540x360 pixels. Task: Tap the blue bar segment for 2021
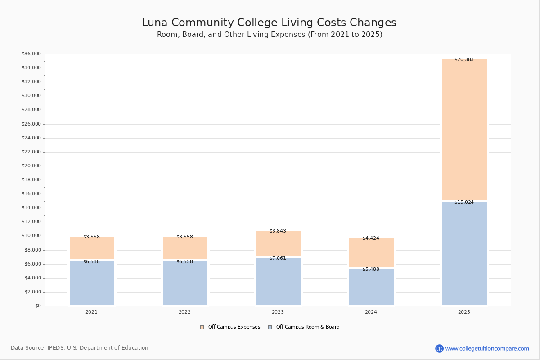point(92,283)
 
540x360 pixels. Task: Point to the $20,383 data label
point(464,60)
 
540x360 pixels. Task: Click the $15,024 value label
point(464,202)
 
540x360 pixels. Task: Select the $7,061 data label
point(278,258)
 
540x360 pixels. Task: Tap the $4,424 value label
point(371,238)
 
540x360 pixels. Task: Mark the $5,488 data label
point(371,270)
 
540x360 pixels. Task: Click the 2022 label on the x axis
point(184,312)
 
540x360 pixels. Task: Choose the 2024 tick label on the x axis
point(371,312)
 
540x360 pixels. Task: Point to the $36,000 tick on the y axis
point(31,54)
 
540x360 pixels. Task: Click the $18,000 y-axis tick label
point(31,180)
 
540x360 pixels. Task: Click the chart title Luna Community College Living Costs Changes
point(269,23)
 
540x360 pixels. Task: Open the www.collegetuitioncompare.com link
point(487,349)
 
